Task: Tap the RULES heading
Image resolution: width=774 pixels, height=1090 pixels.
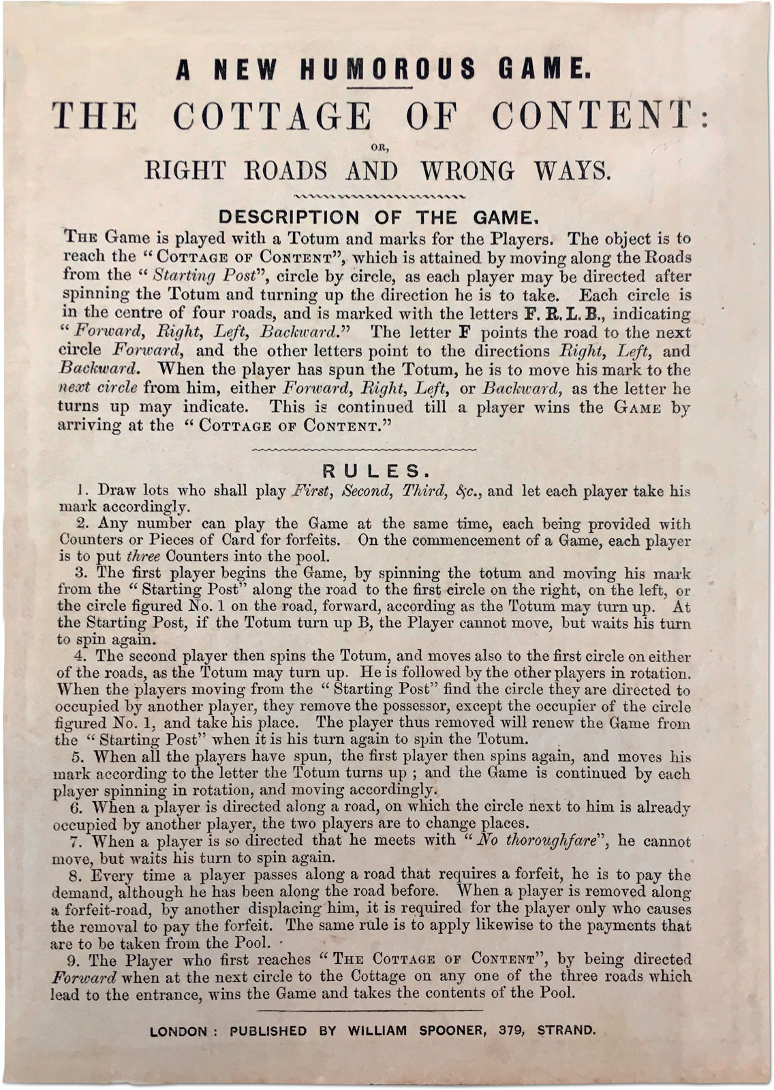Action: [x=375, y=471]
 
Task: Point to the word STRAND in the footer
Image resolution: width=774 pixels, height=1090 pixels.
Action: [x=566, y=1031]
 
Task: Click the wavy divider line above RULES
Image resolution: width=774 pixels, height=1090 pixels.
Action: [x=365, y=450]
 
